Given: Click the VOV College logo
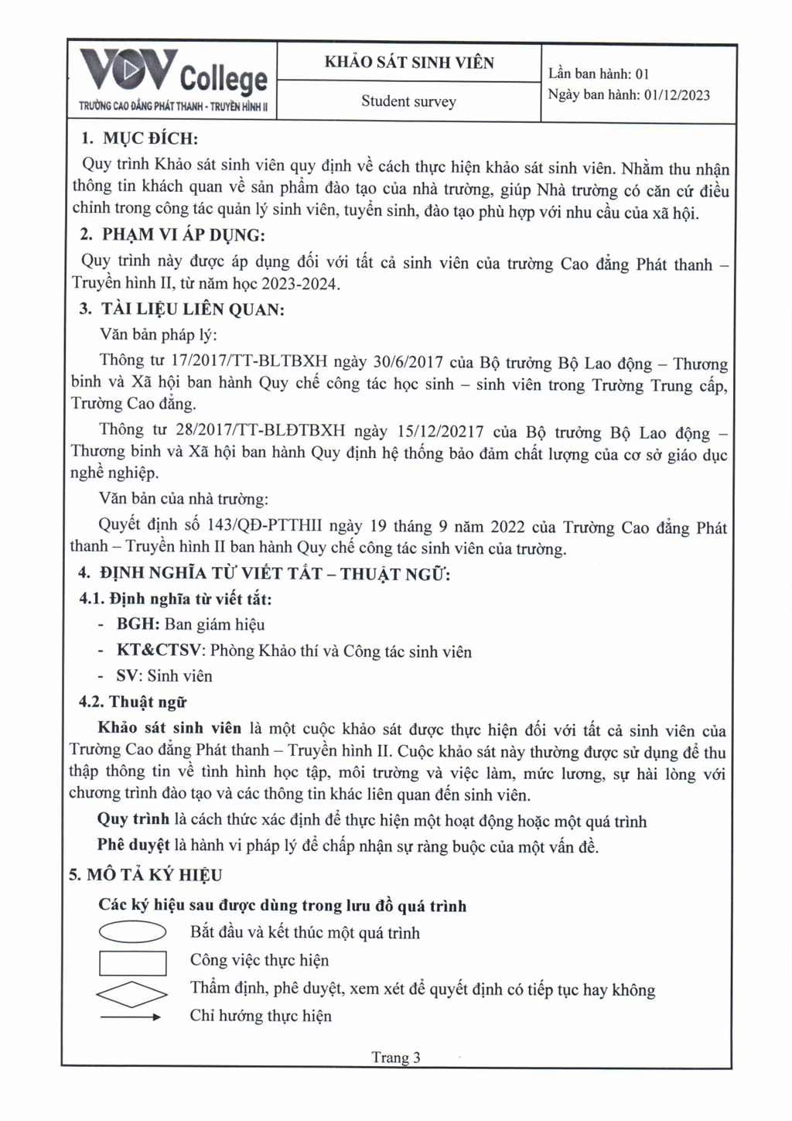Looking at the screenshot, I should point(174,80).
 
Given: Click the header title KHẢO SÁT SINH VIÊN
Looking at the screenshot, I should point(408,63).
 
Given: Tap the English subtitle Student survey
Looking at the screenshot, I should point(408,101).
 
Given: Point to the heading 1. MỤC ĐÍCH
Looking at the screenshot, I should point(140,139).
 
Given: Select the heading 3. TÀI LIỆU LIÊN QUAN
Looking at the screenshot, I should point(182,310).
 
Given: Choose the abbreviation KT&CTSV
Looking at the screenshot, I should point(159,651).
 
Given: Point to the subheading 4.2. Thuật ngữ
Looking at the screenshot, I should point(132,702).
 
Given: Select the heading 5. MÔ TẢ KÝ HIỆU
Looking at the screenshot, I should point(145,875).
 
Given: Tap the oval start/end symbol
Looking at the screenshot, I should point(132,933).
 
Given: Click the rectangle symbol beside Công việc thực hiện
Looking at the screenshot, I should point(133,962).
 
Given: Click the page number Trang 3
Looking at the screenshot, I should point(395,1058).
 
